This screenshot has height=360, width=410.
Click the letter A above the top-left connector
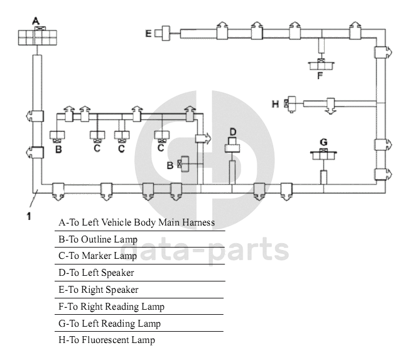(36, 21)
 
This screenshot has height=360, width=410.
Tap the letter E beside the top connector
(149, 33)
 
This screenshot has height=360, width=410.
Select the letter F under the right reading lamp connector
(320, 76)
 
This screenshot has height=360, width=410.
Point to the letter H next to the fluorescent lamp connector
(275, 104)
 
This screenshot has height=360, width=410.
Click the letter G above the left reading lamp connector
(323, 141)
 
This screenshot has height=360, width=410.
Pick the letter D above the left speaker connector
(232, 131)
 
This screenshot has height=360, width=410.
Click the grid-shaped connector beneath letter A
(36, 38)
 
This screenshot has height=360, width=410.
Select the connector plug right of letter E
(166, 33)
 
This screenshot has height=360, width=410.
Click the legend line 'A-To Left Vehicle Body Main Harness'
(136, 222)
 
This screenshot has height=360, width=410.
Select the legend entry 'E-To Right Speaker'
(99, 290)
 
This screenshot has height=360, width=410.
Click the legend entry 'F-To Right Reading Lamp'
(111, 307)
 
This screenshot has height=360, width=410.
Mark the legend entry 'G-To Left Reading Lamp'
(109, 324)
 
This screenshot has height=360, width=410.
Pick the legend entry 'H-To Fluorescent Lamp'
(106, 340)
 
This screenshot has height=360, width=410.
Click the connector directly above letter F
(321, 64)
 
